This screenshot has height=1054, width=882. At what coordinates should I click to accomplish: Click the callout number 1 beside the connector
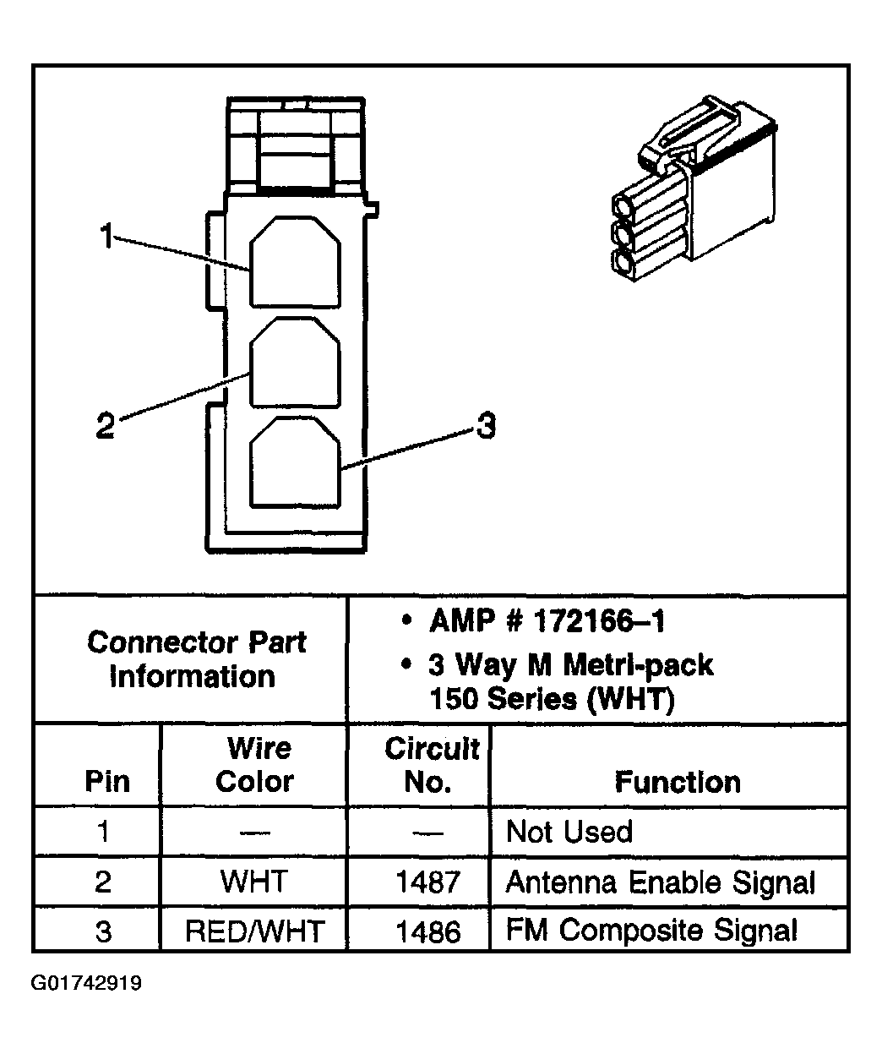tap(106, 236)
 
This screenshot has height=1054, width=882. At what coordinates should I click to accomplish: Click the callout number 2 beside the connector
tap(106, 424)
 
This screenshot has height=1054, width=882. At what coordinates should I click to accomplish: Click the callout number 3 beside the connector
tap(486, 425)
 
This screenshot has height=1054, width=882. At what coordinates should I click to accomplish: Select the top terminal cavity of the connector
tap(295, 261)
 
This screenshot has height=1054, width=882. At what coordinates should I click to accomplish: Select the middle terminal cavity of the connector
tap(295, 362)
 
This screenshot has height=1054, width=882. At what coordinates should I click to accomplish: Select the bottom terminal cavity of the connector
tap(295, 461)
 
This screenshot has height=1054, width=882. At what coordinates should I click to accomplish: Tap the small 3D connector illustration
tap(694, 188)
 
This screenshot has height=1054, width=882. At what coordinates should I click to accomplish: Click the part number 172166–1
tap(600, 621)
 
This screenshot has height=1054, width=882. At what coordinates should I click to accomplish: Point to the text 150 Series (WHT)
tap(552, 700)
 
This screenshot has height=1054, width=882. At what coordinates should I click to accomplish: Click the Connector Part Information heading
tap(195, 659)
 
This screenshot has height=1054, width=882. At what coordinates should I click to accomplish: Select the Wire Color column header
tap(255, 764)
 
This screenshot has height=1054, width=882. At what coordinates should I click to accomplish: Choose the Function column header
tap(678, 782)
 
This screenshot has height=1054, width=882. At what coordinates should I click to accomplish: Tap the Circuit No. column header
tap(432, 764)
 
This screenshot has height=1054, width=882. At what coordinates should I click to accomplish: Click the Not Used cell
tap(569, 832)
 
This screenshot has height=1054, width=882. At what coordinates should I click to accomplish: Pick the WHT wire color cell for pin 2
tap(254, 882)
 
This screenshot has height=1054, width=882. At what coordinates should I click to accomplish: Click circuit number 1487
tap(427, 882)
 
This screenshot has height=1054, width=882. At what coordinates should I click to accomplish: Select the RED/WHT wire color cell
tap(255, 931)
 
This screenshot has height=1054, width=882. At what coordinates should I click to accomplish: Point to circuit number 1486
tap(427, 931)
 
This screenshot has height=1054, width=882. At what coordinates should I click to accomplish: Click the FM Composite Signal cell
tap(651, 931)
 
